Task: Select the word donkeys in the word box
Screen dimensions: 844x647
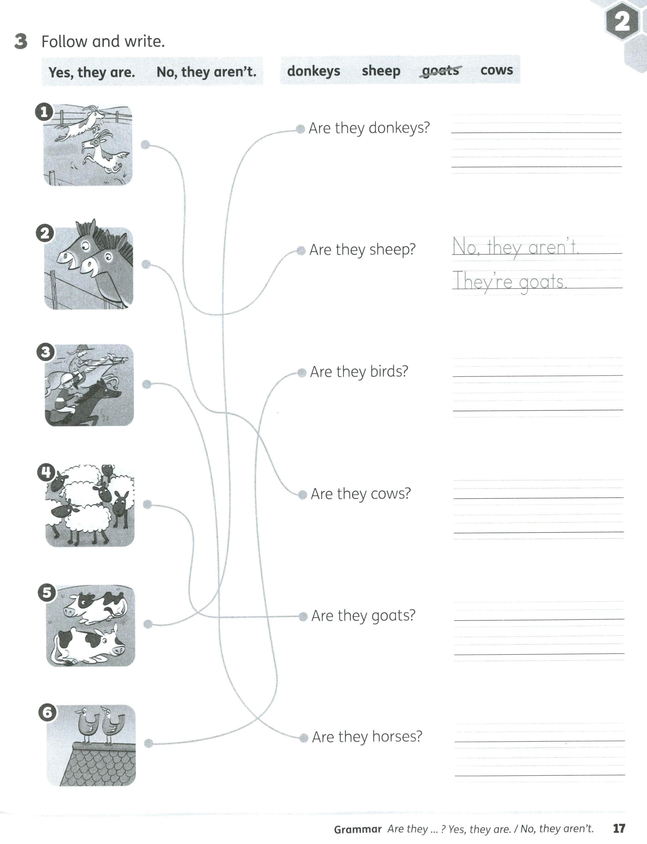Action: click(x=313, y=71)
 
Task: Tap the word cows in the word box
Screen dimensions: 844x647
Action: click(x=496, y=70)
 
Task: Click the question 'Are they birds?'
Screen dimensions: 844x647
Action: click(x=359, y=372)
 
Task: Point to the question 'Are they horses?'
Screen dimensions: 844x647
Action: click(x=367, y=737)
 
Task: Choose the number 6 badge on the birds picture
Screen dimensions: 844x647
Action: click(x=47, y=712)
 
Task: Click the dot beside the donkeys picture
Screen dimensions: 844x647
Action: click(x=146, y=265)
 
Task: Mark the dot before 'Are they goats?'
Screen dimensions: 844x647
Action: click(x=303, y=616)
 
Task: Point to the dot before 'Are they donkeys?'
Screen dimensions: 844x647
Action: click(x=300, y=129)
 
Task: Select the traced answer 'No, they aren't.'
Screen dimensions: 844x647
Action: click(x=515, y=247)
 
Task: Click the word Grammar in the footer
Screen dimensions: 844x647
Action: click(x=357, y=829)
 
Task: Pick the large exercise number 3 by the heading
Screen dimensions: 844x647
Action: click(x=21, y=41)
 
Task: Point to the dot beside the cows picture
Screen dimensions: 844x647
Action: click(x=148, y=624)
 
